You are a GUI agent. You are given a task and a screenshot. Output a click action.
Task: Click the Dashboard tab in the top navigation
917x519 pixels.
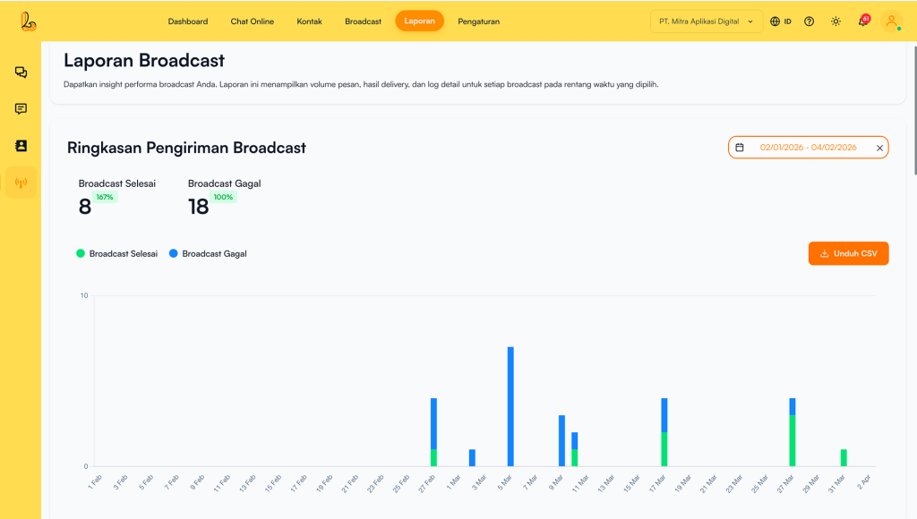[x=188, y=21]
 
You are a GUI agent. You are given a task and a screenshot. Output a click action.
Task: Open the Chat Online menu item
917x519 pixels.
[x=253, y=21]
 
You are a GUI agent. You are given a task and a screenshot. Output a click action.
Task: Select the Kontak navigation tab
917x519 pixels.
[x=310, y=21]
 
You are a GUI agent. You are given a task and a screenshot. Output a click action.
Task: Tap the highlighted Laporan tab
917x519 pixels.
[x=419, y=21]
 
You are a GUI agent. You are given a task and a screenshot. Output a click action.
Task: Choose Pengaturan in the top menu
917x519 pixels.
[x=478, y=21]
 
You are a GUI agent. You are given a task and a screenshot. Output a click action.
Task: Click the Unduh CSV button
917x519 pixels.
[x=848, y=253]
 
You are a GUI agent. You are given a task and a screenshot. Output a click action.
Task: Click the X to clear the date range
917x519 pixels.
[x=879, y=148]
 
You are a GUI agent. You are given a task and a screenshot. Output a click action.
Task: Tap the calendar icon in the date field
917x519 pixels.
[x=740, y=148]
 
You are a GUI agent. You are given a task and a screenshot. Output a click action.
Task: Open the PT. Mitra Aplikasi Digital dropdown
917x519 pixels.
[x=706, y=21]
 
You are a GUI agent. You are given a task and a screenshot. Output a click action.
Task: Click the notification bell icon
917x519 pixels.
[x=863, y=21]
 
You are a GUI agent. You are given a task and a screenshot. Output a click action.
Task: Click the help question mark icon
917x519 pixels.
[x=810, y=21]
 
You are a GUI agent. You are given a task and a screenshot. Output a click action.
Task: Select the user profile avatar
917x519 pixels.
[x=891, y=21]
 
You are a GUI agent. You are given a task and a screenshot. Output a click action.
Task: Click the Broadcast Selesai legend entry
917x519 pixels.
[x=117, y=254]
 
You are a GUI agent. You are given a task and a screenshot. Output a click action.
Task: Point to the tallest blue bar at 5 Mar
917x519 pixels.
[x=510, y=406]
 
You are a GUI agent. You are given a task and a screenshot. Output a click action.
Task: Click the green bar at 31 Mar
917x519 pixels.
[x=844, y=457]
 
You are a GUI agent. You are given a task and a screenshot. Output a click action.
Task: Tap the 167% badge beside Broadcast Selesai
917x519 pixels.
[x=105, y=197]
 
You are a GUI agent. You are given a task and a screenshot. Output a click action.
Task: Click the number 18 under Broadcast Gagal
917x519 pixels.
[x=198, y=207]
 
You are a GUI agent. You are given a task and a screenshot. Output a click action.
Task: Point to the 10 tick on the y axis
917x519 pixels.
[x=84, y=295]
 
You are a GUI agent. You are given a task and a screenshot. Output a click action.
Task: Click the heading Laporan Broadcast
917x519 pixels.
[x=144, y=61]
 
